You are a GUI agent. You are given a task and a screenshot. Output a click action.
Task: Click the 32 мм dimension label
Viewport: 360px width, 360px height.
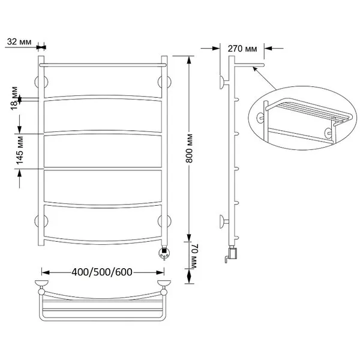click(x=19, y=42)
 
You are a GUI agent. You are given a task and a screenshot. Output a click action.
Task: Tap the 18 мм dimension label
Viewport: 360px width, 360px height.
click(x=14, y=98)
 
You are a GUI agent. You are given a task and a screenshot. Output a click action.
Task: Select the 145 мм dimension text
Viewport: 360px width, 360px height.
click(x=20, y=151)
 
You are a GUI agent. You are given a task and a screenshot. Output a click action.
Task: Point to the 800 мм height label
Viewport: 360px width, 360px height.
click(x=189, y=149)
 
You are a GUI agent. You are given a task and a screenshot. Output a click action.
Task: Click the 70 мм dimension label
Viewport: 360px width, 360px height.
click(x=194, y=256)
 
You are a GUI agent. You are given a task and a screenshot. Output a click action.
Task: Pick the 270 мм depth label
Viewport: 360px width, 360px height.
click(x=242, y=49)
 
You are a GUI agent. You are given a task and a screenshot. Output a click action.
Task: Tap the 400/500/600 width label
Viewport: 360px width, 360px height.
click(x=102, y=272)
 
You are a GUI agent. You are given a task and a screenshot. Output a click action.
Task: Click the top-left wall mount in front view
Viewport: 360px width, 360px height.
click(x=41, y=82)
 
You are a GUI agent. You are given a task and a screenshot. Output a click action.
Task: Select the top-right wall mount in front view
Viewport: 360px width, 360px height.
click(x=164, y=82)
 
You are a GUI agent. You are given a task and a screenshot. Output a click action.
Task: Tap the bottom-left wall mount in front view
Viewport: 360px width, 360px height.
click(x=41, y=221)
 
